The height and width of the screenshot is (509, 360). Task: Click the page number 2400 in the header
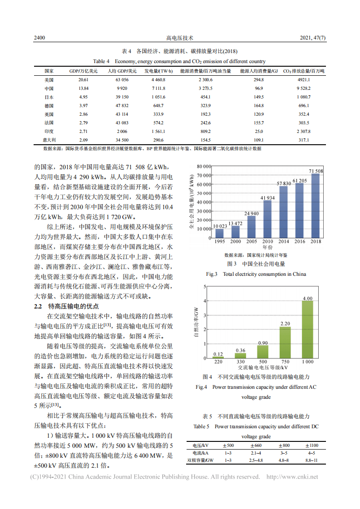[x=39, y=39]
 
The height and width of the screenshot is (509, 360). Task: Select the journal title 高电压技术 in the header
[x=180, y=39]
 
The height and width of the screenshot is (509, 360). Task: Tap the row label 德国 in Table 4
[x=49, y=106]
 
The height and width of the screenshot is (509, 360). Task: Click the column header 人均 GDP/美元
[x=122, y=71]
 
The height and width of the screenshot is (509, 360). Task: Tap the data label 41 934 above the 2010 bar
[x=267, y=198]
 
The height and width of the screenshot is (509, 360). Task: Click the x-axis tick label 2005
[x=252, y=242]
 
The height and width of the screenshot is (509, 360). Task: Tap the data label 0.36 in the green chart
[x=241, y=351]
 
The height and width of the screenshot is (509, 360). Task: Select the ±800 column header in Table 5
[x=284, y=445]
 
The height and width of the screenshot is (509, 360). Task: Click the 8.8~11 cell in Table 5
[x=311, y=460]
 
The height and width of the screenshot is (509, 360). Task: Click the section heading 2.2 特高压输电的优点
[x=67, y=306]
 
